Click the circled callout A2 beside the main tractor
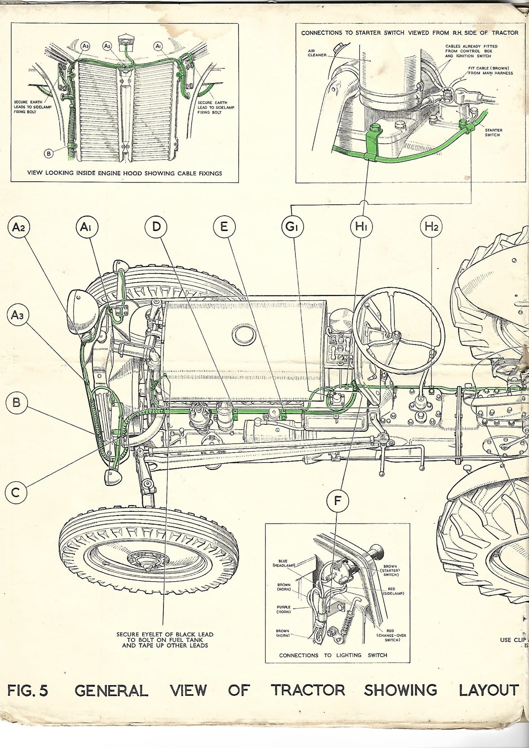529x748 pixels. pos(18,227)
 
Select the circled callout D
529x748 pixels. pos(156,227)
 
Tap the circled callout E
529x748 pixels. pos(224,227)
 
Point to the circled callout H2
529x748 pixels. pos(431,227)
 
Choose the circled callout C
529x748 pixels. pos(16,493)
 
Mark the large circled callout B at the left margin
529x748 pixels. pos(16,403)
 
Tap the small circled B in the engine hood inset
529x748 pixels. pos(49,154)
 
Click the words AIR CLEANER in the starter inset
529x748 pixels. pos(317,53)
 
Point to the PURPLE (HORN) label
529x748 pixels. pos(284,609)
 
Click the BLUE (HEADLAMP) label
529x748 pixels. pos(283,563)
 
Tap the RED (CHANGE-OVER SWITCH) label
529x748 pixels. pos(390,635)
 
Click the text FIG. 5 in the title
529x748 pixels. pos(28,690)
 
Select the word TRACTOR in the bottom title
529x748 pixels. pos(308,690)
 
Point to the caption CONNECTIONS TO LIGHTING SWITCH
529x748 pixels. pos(333,655)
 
